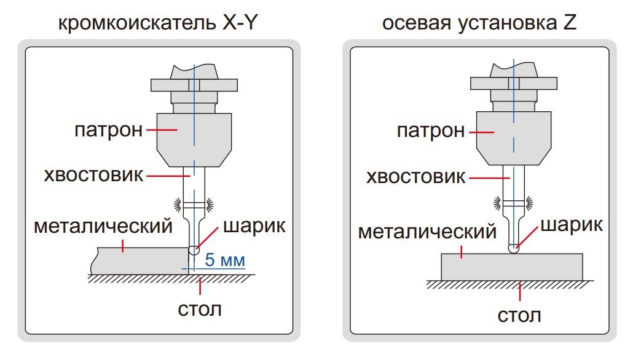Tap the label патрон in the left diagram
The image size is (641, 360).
click(x=109, y=130)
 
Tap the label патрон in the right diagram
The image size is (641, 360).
click(x=431, y=131)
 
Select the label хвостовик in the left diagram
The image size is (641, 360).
click(x=93, y=175)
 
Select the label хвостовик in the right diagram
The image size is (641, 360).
click(x=416, y=177)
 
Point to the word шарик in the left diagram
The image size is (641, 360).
click(x=254, y=225)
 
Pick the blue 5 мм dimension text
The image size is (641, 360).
click(x=224, y=260)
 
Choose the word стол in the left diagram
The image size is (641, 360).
click(x=199, y=308)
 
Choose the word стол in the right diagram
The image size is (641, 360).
click(x=519, y=316)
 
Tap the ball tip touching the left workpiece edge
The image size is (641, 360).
click(x=194, y=251)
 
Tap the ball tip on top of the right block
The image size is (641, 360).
click(x=513, y=249)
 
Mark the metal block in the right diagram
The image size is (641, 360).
click(x=512, y=267)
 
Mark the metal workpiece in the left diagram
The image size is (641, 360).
click(x=138, y=261)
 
